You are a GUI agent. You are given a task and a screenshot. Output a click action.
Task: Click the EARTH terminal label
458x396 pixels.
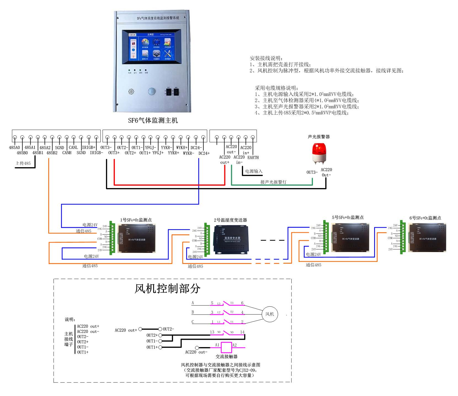tap(253, 157)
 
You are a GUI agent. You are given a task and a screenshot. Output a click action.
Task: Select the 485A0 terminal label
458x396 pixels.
tap(14, 148)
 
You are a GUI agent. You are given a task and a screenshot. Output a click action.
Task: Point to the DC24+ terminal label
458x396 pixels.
tap(204, 153)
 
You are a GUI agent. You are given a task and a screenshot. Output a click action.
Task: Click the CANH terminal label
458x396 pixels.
tap(67, 153)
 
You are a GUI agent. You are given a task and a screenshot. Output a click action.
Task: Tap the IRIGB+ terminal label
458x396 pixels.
tap(89, 148)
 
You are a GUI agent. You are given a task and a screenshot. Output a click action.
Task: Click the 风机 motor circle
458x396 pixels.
tap(270, 314)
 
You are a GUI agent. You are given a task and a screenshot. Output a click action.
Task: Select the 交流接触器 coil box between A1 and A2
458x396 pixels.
tap(226, 347)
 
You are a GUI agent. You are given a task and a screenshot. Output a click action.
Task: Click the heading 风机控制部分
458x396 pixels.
tap(167, 289)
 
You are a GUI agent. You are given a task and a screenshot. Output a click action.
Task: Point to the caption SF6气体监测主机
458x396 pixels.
tap(153, 121)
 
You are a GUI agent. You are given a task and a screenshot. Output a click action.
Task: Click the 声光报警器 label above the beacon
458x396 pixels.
tap(319, 137)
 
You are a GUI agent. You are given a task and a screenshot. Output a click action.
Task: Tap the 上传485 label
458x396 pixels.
tap(23, 163)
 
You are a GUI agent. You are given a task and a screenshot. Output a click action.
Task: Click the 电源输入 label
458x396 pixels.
tap(254, 171)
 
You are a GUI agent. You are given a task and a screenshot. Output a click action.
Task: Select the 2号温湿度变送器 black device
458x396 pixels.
tap(231, 239)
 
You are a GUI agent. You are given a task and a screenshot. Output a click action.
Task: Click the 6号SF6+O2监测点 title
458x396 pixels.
tap(425, 218)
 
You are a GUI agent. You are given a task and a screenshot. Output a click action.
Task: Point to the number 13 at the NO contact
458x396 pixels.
tap(212, 332)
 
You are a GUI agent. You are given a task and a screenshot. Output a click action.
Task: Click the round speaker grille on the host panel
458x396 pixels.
tap(131, 91)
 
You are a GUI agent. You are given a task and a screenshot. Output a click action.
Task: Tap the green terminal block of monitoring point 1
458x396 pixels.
tap(112, 238)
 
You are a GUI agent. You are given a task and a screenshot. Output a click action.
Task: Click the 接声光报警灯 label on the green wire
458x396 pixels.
tap(273, 182)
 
